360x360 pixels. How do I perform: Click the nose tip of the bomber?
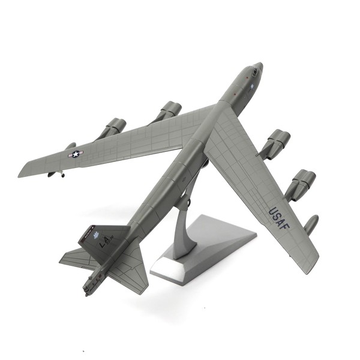(260, 65)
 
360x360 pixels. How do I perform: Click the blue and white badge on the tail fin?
(94, 231)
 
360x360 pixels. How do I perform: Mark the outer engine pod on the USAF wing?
(301, 182)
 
